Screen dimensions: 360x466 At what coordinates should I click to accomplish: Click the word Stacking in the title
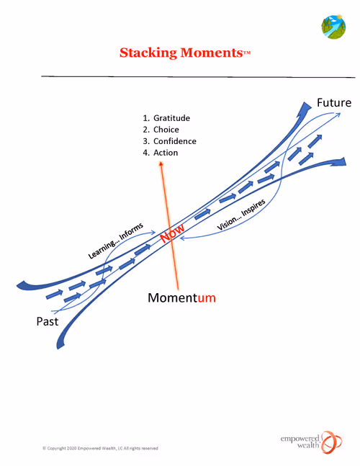(148, 53)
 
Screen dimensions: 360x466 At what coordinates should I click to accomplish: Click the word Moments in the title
(212, 53)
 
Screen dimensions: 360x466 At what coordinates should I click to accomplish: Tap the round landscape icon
(333, 27)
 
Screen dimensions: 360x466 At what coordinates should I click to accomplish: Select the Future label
(334, 102)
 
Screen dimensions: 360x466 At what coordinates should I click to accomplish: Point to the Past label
(48, 321)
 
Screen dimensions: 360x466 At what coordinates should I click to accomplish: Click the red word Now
(172, 233)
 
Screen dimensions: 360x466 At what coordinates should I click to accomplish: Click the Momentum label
(181, 297)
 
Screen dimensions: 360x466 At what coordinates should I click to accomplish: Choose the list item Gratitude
(171, 118)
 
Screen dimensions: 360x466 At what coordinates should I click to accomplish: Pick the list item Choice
(166, 130)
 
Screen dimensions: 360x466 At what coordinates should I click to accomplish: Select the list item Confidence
(175, 141)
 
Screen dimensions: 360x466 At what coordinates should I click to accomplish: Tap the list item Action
(166, 153)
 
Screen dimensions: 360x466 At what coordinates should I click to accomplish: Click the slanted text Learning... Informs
(116, 241)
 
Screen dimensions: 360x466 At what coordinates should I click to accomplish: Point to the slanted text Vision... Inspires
(241, 215)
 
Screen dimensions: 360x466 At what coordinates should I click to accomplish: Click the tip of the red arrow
(161, 161)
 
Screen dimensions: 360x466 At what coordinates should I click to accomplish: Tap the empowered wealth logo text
(300, 442)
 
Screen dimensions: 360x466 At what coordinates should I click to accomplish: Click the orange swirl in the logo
(331, 442)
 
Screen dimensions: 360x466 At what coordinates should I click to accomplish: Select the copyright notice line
(100, 448)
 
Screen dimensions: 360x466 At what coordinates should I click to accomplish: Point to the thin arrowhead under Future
(338, 114)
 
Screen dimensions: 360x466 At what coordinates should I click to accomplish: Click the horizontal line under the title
(198, 76)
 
